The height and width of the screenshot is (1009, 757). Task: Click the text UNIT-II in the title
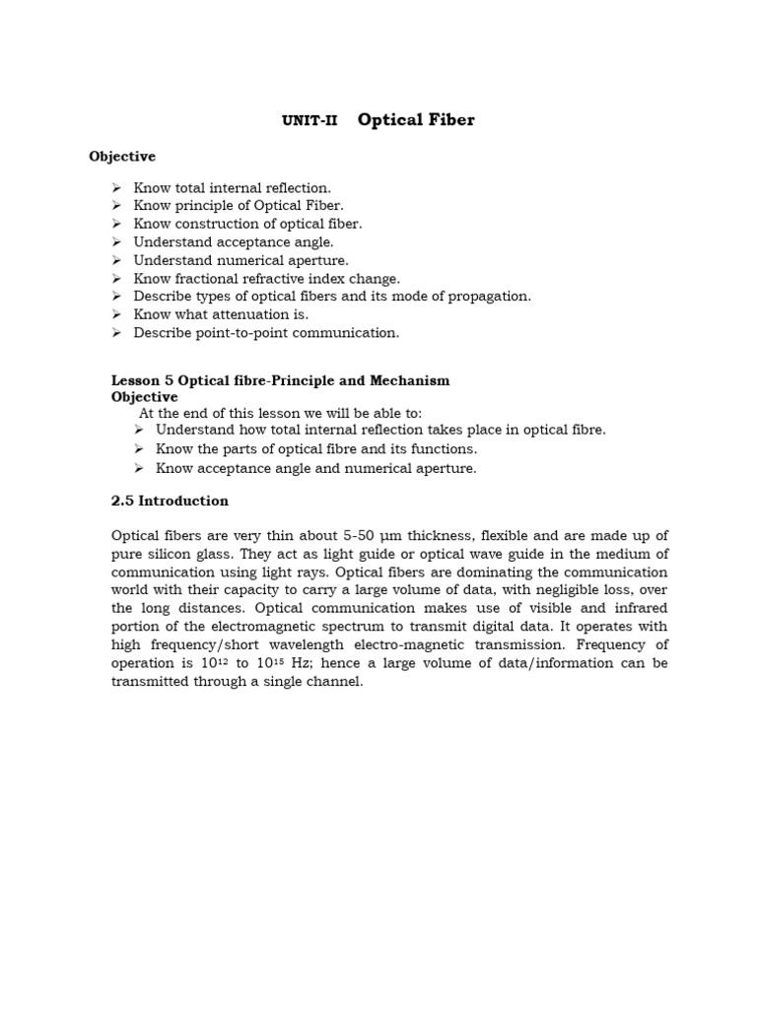pos(310,121)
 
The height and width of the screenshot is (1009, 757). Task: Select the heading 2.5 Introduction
pos(170,501)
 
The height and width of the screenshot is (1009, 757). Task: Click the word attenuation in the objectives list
pos(243,314)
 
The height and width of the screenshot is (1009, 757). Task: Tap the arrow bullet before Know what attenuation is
pos(115,314)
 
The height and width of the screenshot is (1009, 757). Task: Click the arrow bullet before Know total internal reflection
pos(115,187)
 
